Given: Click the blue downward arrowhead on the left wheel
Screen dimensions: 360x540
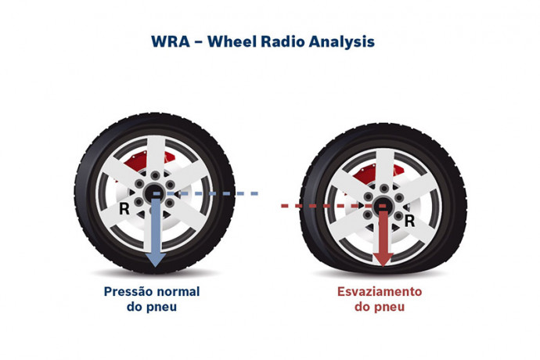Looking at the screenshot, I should (156, 257).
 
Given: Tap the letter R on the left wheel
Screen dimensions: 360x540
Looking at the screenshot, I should (124, 209).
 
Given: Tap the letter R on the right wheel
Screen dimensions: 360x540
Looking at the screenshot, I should (409, 221).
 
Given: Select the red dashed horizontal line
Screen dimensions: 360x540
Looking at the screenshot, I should (313, 206).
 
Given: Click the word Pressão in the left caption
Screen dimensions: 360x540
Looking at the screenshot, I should (131, 292).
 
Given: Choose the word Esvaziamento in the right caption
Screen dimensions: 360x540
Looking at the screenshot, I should (380, 292).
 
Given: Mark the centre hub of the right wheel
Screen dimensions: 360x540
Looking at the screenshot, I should (383, 206).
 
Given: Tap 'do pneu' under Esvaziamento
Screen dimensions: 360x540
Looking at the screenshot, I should (380, 307).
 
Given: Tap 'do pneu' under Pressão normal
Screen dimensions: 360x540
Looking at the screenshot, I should (152, 307).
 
